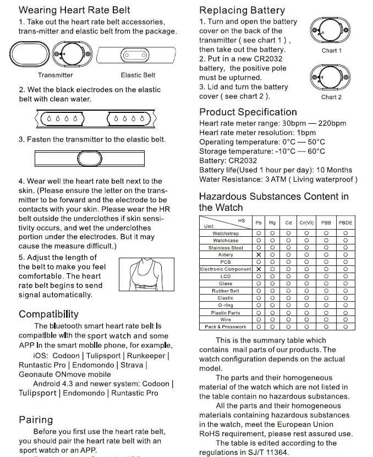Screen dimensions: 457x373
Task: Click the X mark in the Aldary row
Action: click(x=258, y=255)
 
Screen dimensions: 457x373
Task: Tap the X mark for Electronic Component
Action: click(x=258, y=269)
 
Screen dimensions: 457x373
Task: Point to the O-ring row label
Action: click(x=226, y=305)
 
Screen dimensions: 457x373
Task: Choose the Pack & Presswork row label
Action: click(x=226, y=327)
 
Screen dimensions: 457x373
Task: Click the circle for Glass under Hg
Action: click(x=272, y=284)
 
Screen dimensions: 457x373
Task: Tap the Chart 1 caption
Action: click(x=332, y=51)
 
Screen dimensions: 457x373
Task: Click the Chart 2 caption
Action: click(x=332, y=97)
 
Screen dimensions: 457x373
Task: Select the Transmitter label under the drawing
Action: click(x=56, y=75)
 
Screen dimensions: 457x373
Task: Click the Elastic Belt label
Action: click(x=138, y=75)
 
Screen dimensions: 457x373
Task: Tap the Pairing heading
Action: click(x=36, y=420)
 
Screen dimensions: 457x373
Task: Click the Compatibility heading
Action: click(x=48, y=314)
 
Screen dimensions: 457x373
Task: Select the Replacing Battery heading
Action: click(x=242, y=10)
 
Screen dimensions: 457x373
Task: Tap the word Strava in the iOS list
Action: click(x=131, y=365)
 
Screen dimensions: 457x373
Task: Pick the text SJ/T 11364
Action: click(x=266, y=452)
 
